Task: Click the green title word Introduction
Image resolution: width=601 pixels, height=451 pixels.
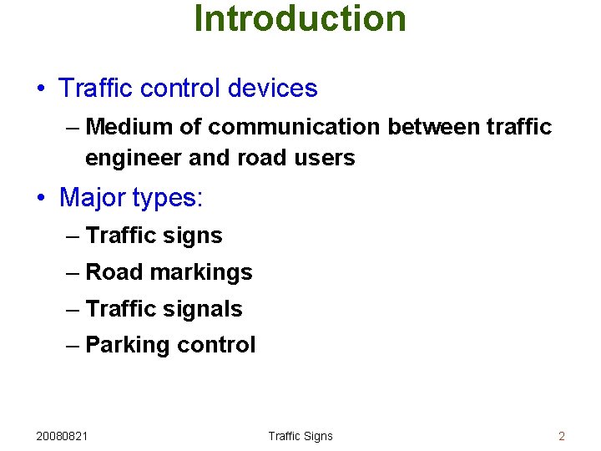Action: pyautogui.click(x=300, y=18)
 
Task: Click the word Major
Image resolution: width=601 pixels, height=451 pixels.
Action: pyautogui.click(x=93, y=198)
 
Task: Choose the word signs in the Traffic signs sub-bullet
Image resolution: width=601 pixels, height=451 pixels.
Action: pyautogui.click(x=193, y=236)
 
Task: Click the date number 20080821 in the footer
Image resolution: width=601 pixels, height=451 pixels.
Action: pyautogui.click(x=64, y=436)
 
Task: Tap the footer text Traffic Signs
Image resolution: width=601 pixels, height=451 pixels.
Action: pyautogui.click(x=300, y=436)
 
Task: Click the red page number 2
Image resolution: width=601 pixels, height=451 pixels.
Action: pyautogui.click(x=562, y=436)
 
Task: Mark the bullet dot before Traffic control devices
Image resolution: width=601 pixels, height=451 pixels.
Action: pyautogui.click(x=42, y=89)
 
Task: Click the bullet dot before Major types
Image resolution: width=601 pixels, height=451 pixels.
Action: pyautogui.click(x=42, y=200)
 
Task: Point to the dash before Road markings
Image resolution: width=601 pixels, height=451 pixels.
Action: pyautogui.click(x=73, y=273)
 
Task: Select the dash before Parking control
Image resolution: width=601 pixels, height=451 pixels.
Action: pyautogui.click(x=73, y=346)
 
